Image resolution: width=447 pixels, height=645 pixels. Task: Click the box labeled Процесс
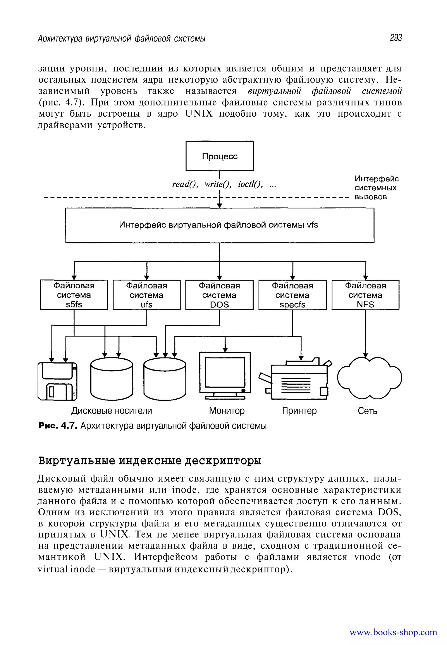pos(219,156)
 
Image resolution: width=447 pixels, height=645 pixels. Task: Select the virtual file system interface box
pos(219,225)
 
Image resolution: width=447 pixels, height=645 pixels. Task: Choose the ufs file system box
pos(146,295)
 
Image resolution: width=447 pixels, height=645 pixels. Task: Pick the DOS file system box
pos(219,295)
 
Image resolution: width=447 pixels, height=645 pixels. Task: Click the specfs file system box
pos(292,295)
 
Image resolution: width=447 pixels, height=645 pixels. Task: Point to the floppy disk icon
pos(57,381)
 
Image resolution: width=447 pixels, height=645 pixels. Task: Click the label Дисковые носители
pos(112,411)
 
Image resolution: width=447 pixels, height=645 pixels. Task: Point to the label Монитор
pos(227,411)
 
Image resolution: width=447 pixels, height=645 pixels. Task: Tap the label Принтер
pos(299,411)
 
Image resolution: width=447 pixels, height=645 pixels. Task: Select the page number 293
pos(395,38)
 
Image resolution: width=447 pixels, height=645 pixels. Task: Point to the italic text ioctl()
pos(250,184)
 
